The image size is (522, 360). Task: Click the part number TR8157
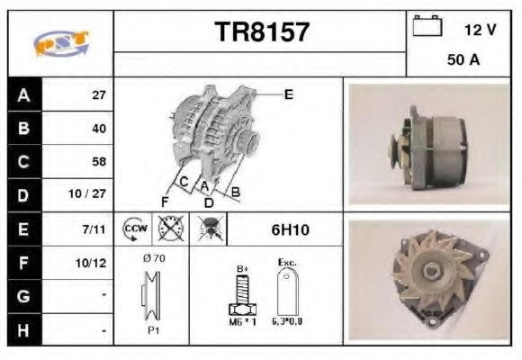click(262, 32)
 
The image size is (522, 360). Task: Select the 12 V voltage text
click(480, 30)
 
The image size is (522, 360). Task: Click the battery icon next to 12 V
click(427, 28)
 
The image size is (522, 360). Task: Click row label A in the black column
click(22, 94)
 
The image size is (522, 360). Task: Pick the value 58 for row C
click(99, 162)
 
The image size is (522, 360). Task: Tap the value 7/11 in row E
click(96, 229)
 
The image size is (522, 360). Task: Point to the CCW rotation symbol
click(134, 229)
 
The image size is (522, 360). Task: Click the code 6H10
click(290, 230)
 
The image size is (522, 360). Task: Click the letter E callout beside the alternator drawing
click(288, 94)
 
